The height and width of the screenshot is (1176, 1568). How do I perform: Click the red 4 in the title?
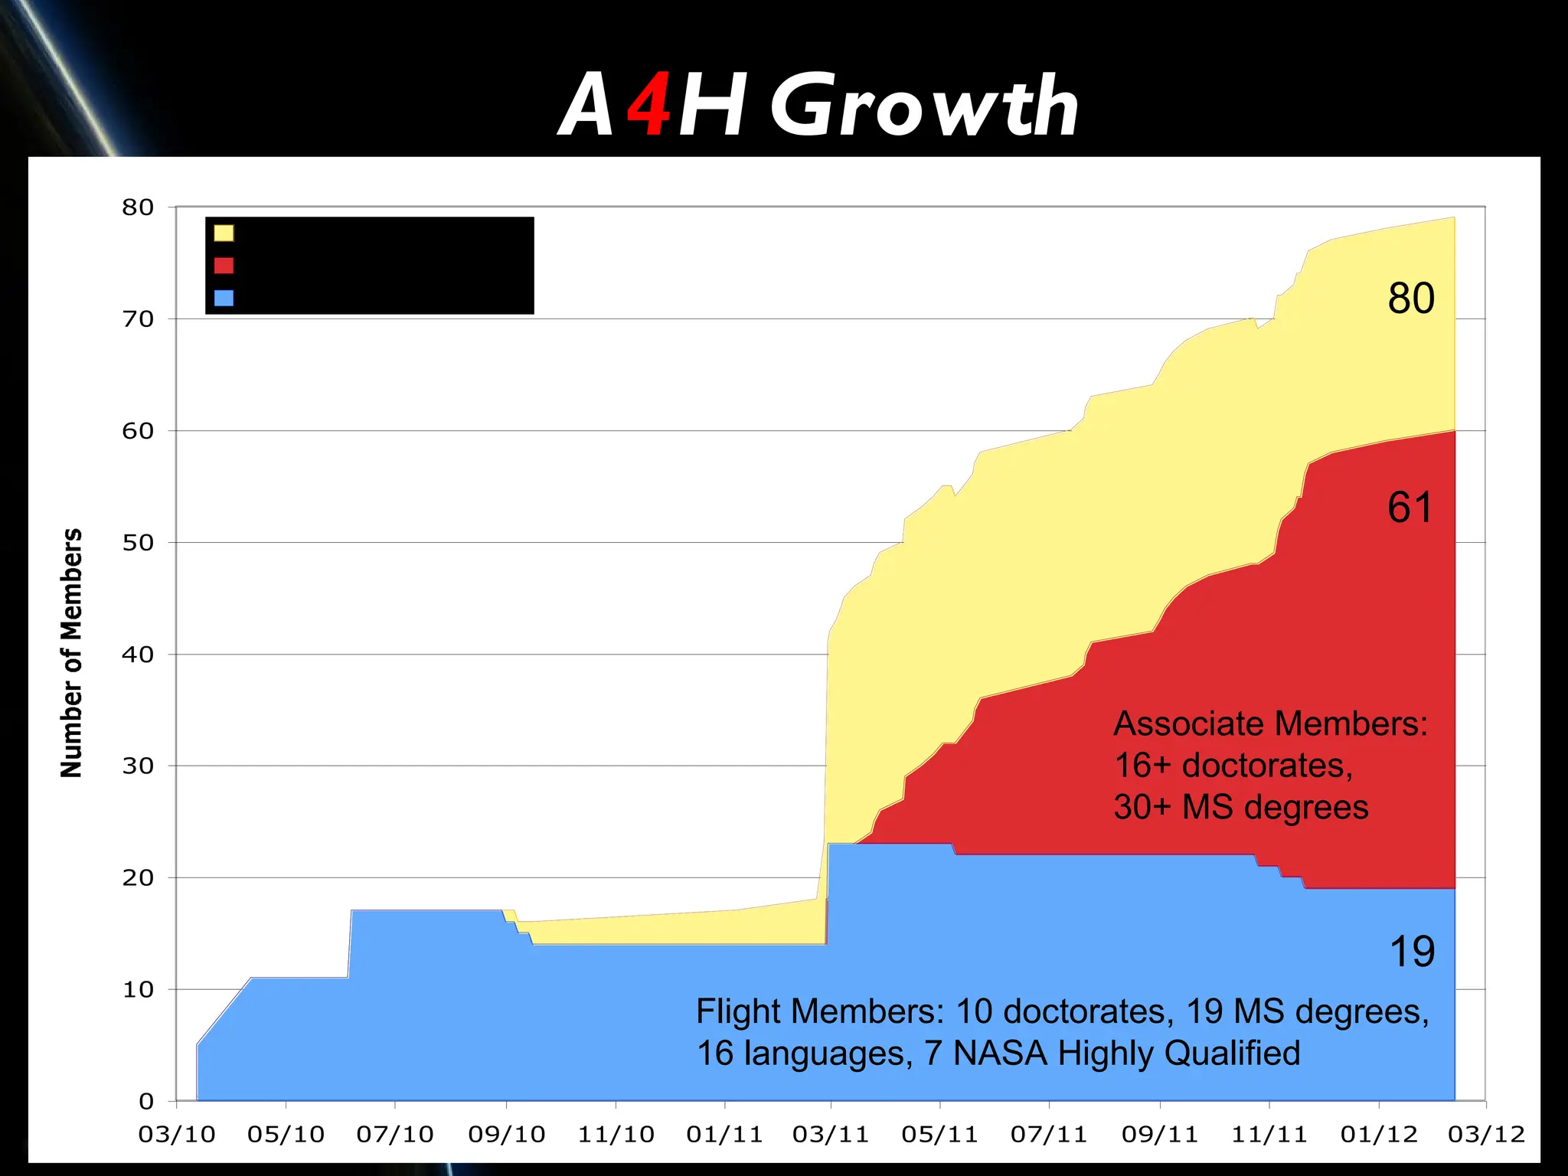tap(649, 106)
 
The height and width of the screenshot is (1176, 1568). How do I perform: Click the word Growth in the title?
tap(924, 106)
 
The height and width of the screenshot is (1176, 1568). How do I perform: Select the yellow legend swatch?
tap(224, 233)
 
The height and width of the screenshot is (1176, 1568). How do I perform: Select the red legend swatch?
tap(224, 266)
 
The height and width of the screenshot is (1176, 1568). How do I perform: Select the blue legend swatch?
tap(224, 298)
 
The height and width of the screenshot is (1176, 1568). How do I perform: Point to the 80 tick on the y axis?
tap(138, 207)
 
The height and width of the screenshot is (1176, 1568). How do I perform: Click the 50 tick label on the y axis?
tap(138, 543)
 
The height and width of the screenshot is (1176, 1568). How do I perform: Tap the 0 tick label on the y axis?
tap(146, 1102)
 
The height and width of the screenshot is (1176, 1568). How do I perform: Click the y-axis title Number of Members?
tap(71, 653)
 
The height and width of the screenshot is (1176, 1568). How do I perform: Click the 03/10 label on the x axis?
tap(177, 1135)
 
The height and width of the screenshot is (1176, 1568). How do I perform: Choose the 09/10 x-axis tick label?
tap(506, 1135)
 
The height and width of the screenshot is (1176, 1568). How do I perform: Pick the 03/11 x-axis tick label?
tap(831, 1135)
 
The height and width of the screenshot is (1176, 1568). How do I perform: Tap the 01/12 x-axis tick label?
tap(1379, 1135)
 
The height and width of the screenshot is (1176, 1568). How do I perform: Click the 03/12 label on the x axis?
tap(1486, 1135)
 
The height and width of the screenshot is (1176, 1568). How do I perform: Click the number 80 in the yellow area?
tap(1410, 299)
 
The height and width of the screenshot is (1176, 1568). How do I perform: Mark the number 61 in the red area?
tap(1409, 508)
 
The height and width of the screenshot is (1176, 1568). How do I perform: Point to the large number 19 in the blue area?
tap(1411, 952)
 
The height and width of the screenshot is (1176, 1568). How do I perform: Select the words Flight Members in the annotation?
tap(819, 1012)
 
